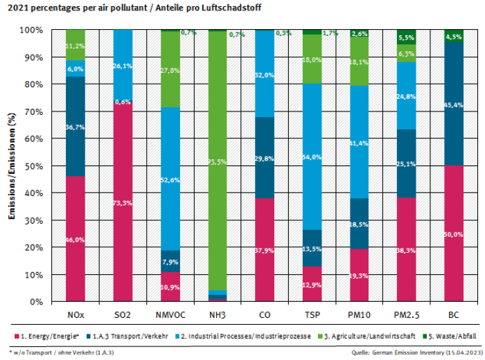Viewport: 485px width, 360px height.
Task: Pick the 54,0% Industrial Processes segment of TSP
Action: click(x=312, y=156)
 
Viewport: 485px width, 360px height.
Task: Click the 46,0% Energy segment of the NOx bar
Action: click(x=75, y=239)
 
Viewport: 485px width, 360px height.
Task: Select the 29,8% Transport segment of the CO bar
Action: click(x=264, y=158)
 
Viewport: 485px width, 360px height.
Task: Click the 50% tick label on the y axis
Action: click(x=32, y=166)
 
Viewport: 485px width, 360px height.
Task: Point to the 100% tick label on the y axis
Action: click(x=30, y=30)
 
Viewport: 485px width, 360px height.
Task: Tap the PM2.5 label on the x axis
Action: click(x=406, y=315)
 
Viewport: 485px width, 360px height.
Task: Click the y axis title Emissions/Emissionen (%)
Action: click(x=12, y=166)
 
